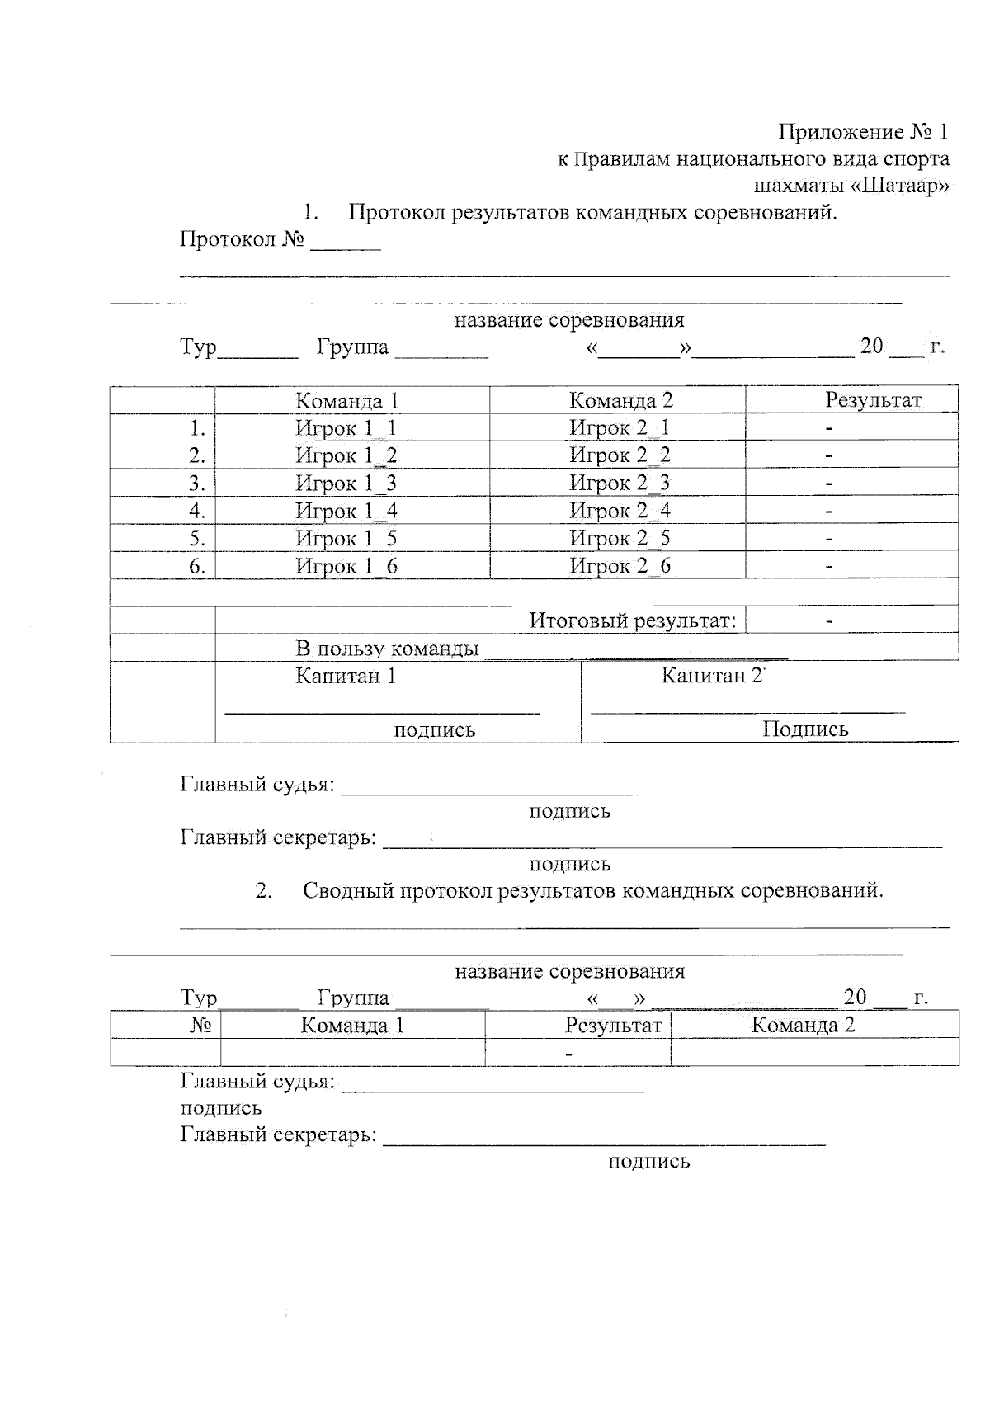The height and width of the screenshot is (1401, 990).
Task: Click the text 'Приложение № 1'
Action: pos(864,132)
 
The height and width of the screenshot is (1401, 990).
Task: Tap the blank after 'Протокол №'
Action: pos(346,244)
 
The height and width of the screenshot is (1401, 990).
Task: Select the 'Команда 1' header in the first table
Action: pos(347,401)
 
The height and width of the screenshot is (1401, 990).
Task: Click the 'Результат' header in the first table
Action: pos(873,400)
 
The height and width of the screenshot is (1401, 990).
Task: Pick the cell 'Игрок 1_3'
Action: pos(346,484)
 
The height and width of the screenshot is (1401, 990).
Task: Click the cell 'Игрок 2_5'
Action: pos(620,539)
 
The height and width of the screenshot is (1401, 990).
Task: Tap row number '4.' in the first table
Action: pos(196,511)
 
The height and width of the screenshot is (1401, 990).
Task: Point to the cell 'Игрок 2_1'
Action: pos(620,428)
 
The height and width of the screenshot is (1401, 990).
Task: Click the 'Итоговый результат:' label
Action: pos(632,620)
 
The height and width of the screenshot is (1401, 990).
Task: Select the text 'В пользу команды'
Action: pos(387,649)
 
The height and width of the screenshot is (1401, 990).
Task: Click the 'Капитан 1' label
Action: pos(346,677)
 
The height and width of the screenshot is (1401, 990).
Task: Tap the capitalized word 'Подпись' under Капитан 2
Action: pos(805,729)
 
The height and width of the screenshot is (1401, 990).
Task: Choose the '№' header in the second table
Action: pos(201,1026)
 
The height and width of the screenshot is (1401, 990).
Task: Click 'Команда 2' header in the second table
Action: pos(803,1026)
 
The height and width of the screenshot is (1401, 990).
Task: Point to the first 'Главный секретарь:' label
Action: pos(278,838)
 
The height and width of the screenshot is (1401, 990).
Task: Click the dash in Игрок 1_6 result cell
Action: pos(829,567)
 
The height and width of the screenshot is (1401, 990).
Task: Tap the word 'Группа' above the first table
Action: pos(353,347)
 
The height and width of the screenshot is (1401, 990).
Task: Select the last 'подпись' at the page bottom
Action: pos(648,1163)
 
